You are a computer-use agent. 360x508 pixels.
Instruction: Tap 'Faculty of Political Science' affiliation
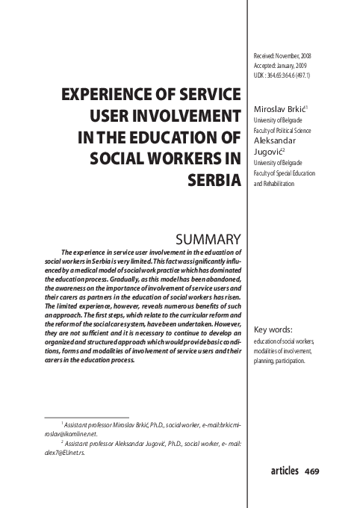[283, 129]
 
